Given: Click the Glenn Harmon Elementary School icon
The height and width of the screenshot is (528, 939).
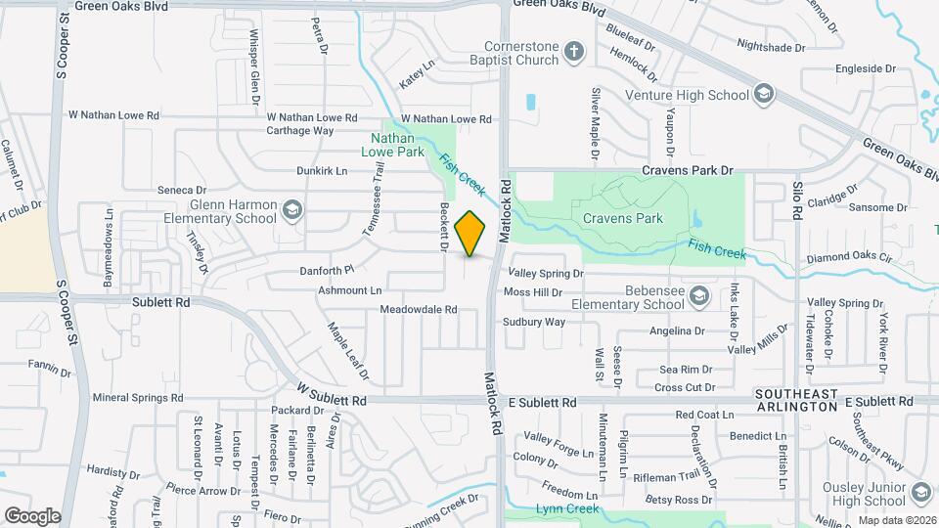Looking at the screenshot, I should coord(291,209).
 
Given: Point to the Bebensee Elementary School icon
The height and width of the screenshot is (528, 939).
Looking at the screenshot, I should coord(698,295).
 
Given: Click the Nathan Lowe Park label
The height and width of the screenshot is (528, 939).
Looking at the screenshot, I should coord(398,146).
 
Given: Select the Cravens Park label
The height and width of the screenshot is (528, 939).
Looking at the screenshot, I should coord(622,218).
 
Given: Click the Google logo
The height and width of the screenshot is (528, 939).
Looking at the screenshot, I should coord(32,515).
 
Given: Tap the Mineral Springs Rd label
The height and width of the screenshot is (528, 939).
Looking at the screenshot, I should coord(137,398).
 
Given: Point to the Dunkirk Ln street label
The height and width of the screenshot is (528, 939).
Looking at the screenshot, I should coord(322,170).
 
